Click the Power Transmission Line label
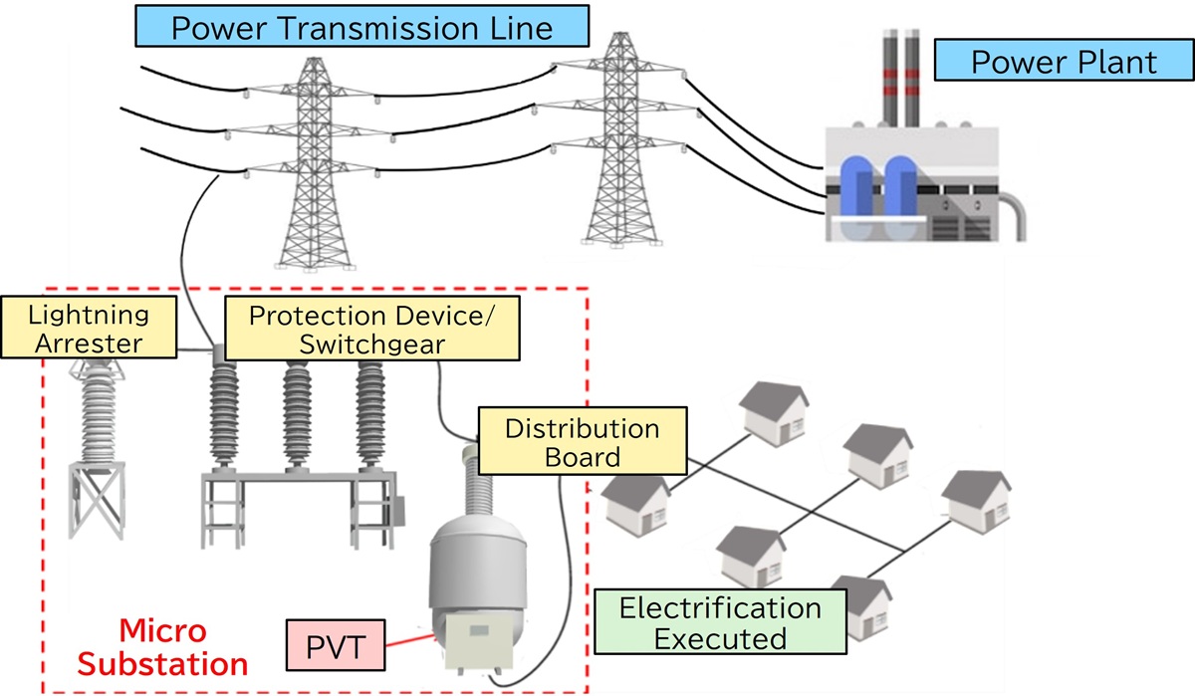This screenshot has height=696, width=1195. [x=362, y=27]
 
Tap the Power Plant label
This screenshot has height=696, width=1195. [x=1063, y=62]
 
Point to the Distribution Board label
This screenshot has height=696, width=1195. [x=583, y=443]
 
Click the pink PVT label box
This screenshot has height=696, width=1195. [x=334, y=644]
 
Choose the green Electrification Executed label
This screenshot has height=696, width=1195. [x=719, y=621]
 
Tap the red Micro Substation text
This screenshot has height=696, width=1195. [x=162, y=647]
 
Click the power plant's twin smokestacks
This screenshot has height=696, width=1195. [x=900, y=80]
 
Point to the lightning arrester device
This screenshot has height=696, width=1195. [x=98, y=408]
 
